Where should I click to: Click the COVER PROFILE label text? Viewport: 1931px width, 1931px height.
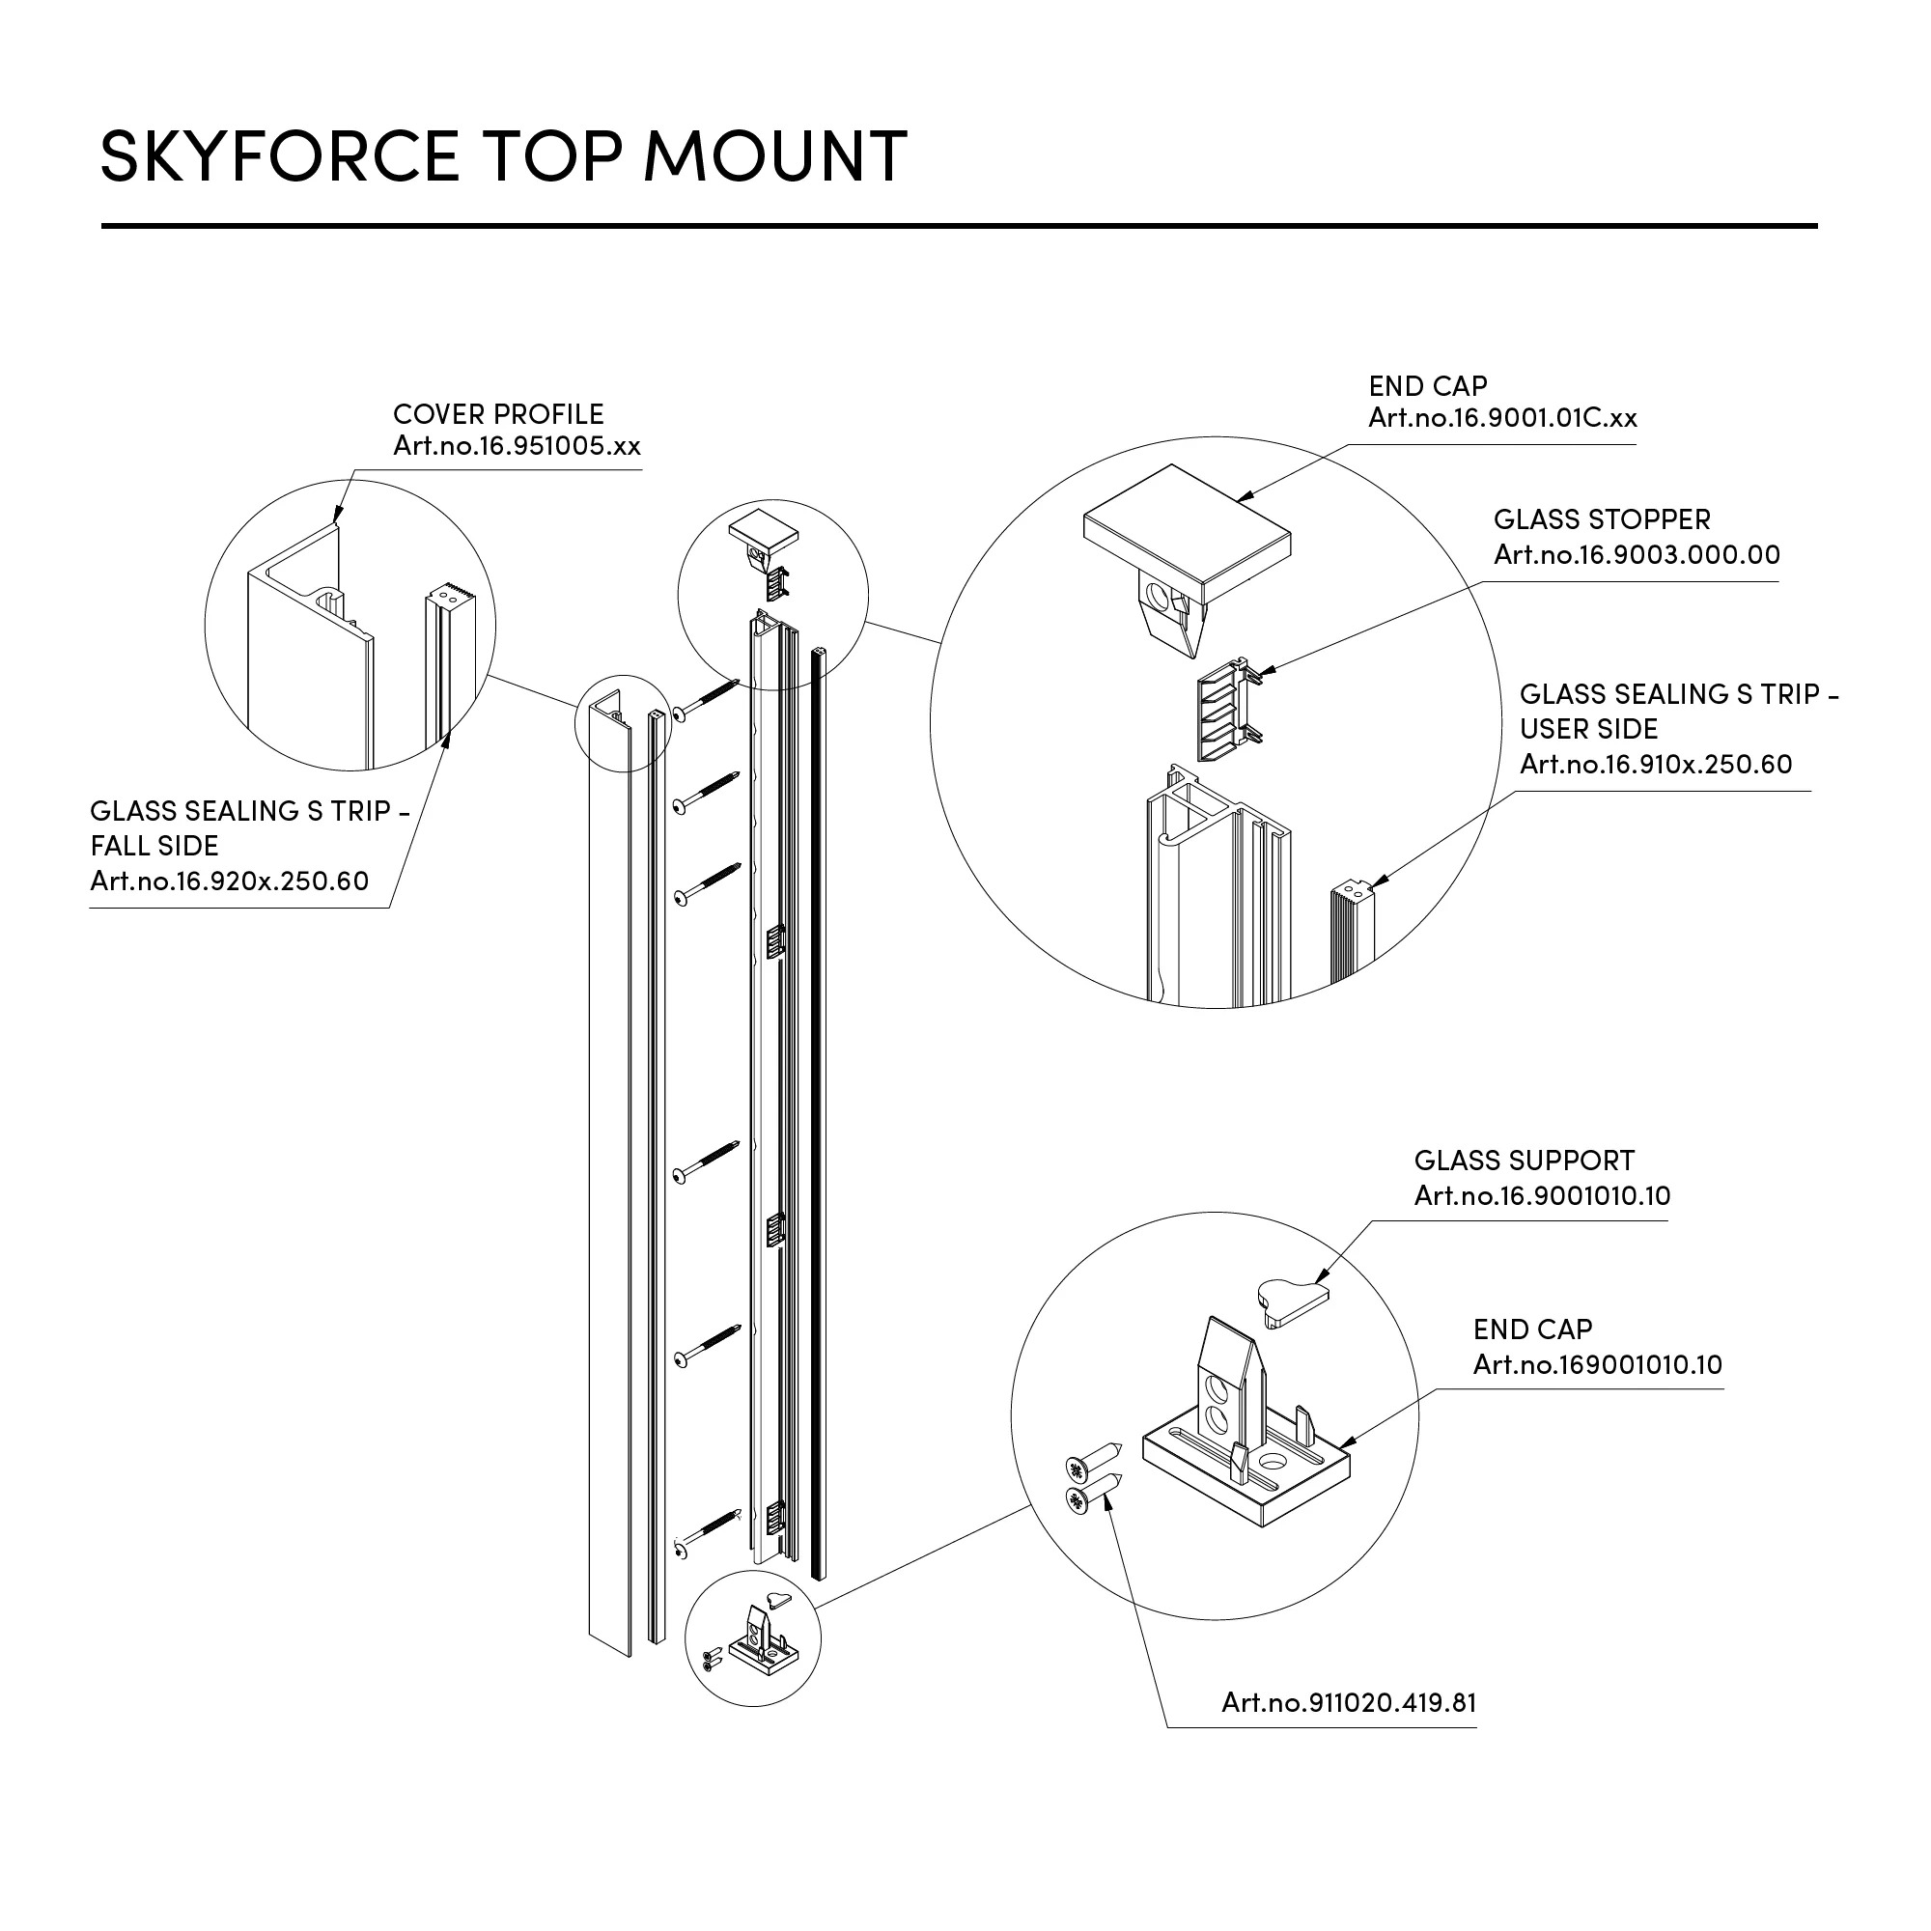[x=498, y=414]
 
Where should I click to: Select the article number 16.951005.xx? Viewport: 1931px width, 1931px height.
[x=517, y=446]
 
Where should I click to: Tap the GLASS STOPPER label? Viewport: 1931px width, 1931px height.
[x=1601, y=519]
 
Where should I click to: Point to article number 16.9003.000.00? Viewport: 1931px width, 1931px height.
[x=1637, y=555]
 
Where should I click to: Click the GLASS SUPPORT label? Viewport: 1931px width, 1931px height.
[x=1524, y=1161]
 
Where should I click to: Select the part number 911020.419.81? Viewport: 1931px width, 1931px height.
[x=1348, y=1702]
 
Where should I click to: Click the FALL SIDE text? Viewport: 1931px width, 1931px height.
[x=154, y=846]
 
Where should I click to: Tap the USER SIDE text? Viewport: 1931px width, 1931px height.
[x=1588, y=729]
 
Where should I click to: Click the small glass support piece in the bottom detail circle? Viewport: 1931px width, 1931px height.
[x=1291, y=1302]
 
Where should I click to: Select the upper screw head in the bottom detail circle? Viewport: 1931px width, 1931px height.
[x=1077, y=1469]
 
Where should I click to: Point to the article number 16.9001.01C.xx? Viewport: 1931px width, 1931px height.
[x=1502, y=418]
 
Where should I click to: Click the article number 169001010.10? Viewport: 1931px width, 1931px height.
[x=1597, y=1364]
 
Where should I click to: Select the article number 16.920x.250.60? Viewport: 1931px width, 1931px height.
[x=229, y=881]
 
